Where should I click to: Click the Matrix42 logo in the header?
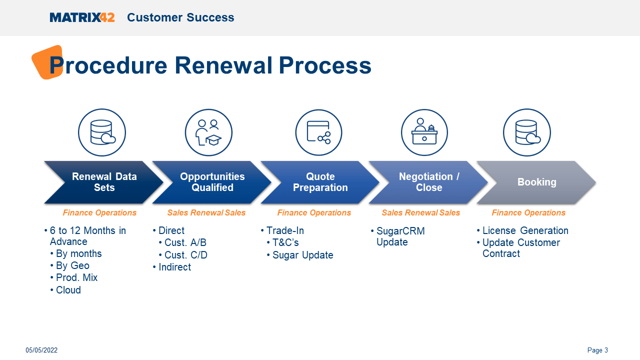click(82, 17)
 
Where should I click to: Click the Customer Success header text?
click(180, 17)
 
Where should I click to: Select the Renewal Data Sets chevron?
click(104, 182)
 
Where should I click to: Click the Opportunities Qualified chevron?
click(212, 182)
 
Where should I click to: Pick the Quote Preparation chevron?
click(320, 182)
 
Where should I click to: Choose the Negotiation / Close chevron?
click(428, 182)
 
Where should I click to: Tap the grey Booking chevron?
click(536, 182)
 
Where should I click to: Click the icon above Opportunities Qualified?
click(208, 132)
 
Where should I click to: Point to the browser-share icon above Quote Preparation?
click(318, 132)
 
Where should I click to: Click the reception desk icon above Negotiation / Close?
click(424, 132)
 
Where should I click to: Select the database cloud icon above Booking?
click(526, 132)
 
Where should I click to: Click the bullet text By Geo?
click(72, 265)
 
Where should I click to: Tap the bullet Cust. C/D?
click(185, 255)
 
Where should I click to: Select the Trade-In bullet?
click(285, 230)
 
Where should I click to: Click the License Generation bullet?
click(525, 230)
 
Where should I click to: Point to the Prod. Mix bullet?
click(76, 277)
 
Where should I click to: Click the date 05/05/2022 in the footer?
click(41, 350)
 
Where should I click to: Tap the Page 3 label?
click(597, 350)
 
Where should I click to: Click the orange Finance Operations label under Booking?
click(528, 213)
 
